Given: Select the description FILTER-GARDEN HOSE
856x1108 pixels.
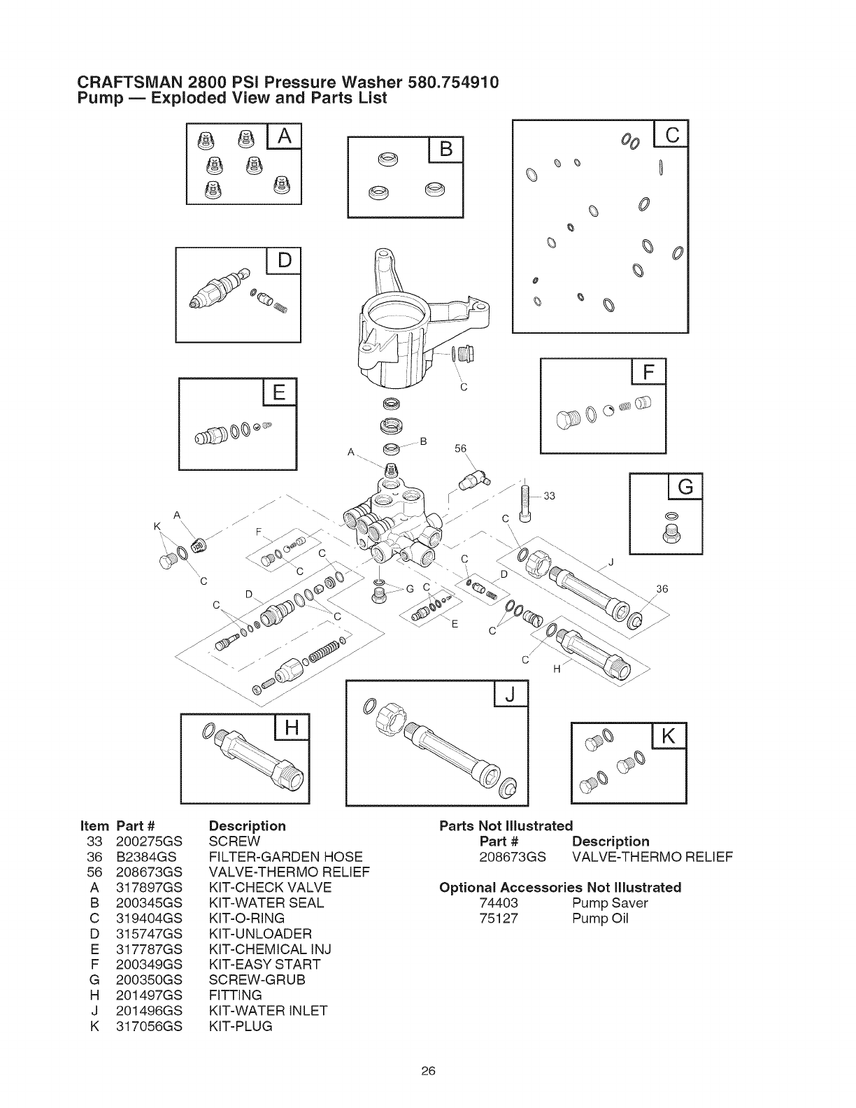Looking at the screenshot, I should click(x=286, y=856).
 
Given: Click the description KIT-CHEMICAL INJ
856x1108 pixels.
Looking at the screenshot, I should click(x=270, y=949).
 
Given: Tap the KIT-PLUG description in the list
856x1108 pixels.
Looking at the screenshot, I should click(x=241, y=1026).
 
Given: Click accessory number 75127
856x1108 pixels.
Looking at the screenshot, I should click(x=499, y=918).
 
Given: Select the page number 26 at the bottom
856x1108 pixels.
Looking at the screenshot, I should click(x=428, y=1070).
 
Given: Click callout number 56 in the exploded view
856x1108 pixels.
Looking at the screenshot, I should click(x=459, y=449).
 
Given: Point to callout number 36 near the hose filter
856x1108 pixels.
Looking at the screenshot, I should click(x=661, y=589).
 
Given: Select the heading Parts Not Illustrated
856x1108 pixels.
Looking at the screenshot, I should click(x=506, y=825).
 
